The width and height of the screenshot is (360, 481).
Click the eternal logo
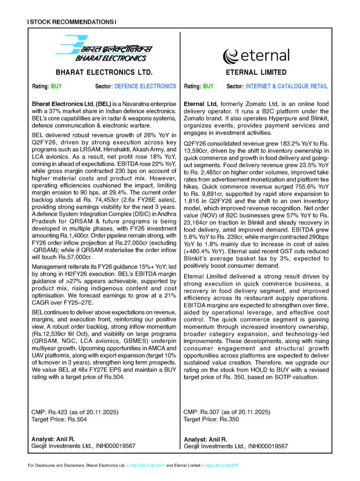(256, 55)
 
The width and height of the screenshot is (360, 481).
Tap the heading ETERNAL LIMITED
(256, 73)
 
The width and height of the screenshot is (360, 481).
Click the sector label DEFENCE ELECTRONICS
(145, 86)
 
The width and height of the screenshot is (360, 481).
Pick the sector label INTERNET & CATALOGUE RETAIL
(287, 86)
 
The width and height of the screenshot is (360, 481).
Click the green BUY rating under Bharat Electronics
(56, 86)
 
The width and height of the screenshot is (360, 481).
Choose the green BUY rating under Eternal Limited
(208, 86)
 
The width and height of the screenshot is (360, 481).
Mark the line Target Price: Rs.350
(211, 419)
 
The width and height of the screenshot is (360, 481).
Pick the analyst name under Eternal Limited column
(205, 439)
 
